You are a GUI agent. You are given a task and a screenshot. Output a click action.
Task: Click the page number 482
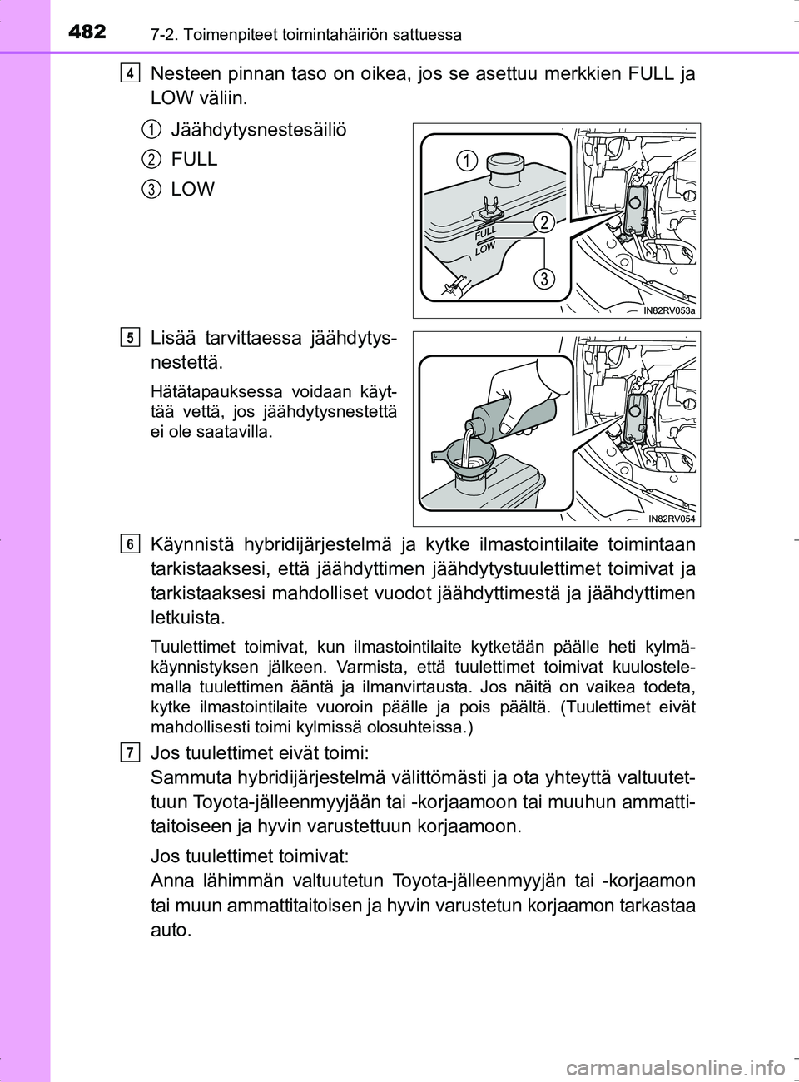click(87, 32)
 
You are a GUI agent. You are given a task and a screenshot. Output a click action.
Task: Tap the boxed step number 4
click(129, 73)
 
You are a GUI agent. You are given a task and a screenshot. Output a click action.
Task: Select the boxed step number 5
click(129, 337)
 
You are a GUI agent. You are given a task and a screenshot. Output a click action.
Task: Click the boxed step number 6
click(129, 544)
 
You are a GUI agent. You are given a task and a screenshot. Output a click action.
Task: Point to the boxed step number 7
click(129, 752)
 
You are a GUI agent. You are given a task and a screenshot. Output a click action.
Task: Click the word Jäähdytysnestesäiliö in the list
click(258, 130)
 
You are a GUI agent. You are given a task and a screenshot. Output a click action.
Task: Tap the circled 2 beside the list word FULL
click(151, 159)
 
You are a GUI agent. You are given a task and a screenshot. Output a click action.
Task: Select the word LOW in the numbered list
click(192, 189)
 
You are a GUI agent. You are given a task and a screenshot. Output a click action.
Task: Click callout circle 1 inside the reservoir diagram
click(467, 161)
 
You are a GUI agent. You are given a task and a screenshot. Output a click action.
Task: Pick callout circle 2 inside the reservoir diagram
click(543, 221)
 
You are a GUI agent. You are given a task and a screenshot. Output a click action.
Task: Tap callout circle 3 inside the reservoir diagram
click(543, 278)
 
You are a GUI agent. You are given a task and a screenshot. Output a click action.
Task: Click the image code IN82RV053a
click(669, 310)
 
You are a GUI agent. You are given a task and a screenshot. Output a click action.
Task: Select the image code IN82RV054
click(672, 519)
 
